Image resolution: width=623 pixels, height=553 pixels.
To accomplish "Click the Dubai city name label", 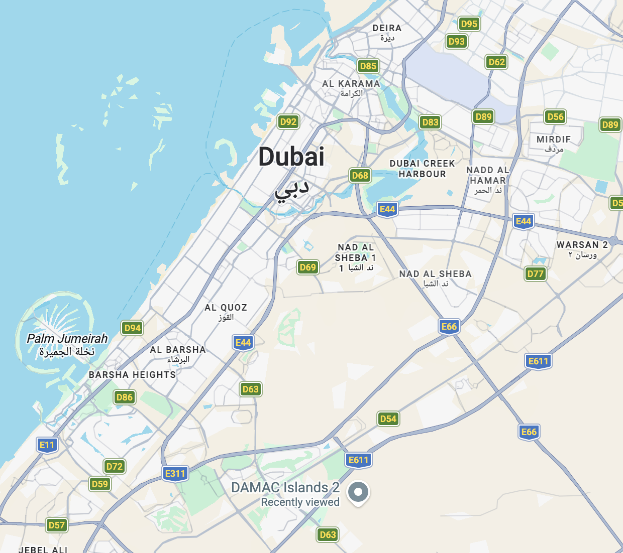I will (291, 157).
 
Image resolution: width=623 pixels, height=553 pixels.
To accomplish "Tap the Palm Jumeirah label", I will (67, 339).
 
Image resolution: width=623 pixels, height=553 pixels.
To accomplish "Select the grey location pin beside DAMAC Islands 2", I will (358, 492).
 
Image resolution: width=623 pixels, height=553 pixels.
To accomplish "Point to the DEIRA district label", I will (387, 29).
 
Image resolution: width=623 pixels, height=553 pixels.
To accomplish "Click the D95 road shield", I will (469, 24).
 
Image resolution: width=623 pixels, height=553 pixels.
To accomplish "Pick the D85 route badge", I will (368, 66).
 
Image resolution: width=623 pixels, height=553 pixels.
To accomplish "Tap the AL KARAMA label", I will (351, 84).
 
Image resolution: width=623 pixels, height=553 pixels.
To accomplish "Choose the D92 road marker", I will (288, 121).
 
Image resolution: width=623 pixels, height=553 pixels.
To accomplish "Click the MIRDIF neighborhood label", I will (554, 140).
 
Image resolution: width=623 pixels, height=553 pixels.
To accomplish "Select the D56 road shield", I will (555, 117).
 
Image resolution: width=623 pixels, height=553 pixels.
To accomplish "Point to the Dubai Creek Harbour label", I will (422, 169).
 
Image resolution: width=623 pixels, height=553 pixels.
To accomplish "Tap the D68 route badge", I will (360, 175).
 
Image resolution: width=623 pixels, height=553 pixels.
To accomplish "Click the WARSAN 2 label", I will (582, 245).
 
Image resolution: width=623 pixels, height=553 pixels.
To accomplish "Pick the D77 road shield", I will (535, 273).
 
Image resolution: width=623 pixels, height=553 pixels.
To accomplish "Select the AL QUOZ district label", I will (226, 308).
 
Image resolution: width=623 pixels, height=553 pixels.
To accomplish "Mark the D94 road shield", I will (132, 328).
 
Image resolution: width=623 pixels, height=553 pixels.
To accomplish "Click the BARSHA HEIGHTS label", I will (132, 375).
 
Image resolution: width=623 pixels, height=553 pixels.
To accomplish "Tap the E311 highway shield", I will (175, 473).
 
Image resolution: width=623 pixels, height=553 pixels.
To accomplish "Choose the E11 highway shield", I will (47, 445).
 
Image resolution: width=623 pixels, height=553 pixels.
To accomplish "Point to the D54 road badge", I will (388, 419).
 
